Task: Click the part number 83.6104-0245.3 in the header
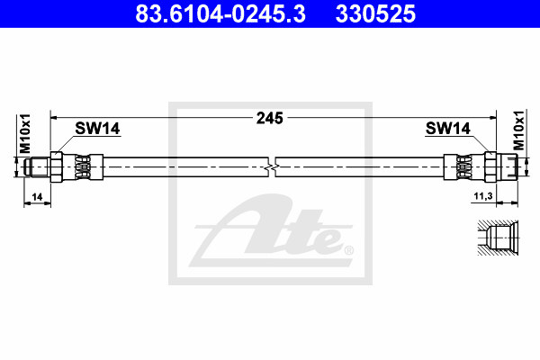click(x=220, y=13)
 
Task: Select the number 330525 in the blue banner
click(x=375, y=13)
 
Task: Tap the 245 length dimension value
click(x=270, y=118)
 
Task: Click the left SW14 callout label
click(x=97, y=129)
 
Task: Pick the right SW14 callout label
click(x=447, y=129)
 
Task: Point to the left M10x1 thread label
click(x=25, y=134)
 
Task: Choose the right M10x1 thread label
click(x=518, y=130)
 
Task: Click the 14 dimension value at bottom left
click(x=37, y=197)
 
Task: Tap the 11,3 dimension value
click(x=483, y=196)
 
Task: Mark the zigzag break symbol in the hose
click(x=272, y=167)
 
